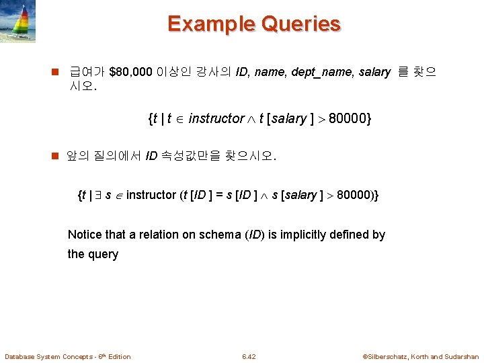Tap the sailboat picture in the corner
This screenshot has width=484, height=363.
pos(18,21)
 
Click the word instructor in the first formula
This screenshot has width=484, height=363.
pos(216,119)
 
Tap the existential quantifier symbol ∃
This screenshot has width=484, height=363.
pos(97,196)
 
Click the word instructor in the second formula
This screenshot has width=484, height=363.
pos(151,196)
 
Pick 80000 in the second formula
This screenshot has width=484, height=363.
pos(354,196)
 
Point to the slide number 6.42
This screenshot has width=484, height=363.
pos(249,356)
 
